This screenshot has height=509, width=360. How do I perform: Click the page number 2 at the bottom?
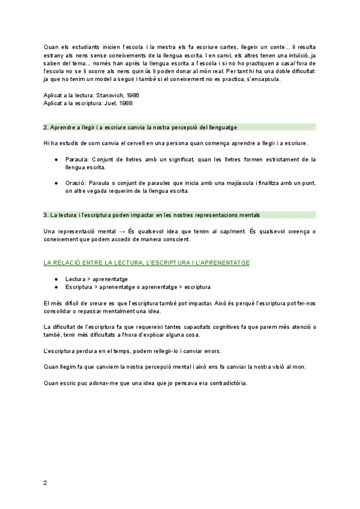coord(45,482)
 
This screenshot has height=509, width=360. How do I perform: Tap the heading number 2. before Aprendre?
coord(46,127)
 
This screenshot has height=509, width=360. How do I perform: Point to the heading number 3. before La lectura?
coord(46,215)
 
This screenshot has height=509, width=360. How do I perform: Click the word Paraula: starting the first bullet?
coord(77,159)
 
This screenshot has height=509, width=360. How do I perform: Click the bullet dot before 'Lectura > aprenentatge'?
coord(56,279)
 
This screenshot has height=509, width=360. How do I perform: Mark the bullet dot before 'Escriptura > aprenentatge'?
coord(56,287)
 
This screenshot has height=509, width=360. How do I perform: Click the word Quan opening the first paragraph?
coord(52,47)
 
